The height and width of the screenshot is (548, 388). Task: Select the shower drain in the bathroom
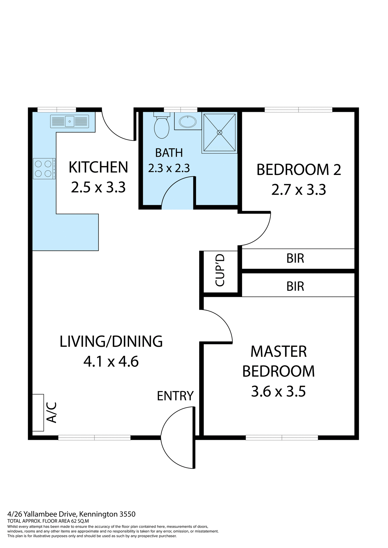(219, 132)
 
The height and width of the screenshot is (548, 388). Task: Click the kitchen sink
(69, 121)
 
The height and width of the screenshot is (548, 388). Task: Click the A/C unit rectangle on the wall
(38, 412)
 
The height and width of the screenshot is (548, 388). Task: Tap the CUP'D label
(220, 270)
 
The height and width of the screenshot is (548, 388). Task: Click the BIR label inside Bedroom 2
(295, 259)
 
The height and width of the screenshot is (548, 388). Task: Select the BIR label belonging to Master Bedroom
(295, 286)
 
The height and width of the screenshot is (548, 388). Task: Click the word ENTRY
(175, 396)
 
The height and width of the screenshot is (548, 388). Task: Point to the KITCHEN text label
(98, 168)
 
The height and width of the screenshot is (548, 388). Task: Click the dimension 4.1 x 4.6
(111, 362)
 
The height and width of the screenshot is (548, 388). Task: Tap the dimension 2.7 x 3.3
(299, 190)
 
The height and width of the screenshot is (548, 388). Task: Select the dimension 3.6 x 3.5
(278, 391)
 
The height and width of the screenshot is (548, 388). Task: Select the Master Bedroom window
(282, 438)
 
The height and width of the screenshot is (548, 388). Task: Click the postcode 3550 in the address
(127, 514)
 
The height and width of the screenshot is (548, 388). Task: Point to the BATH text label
(169, 153)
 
